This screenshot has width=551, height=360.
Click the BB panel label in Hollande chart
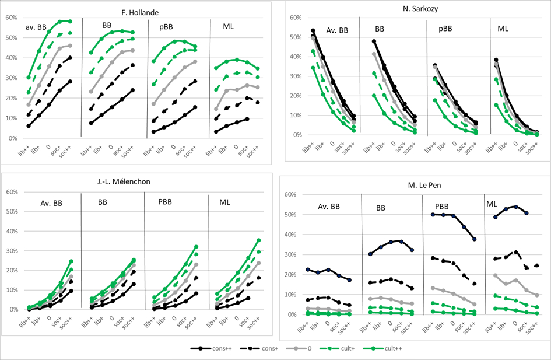[x=107, y=26]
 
